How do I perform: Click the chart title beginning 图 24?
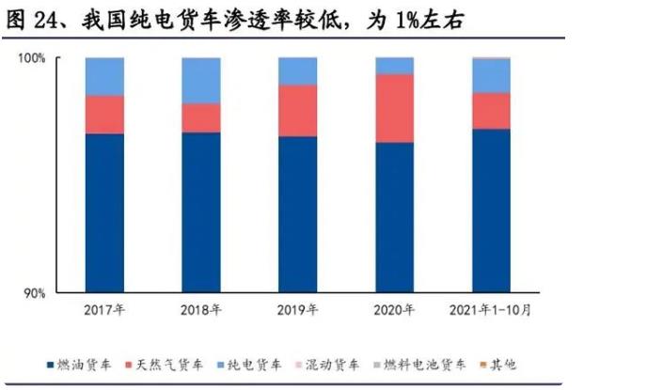235,18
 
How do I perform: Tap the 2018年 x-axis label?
200,309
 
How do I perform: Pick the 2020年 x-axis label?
394,309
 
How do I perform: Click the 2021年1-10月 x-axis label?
491,309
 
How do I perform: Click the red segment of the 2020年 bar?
394,108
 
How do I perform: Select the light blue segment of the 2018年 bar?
200,80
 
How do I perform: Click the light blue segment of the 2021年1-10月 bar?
491,75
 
